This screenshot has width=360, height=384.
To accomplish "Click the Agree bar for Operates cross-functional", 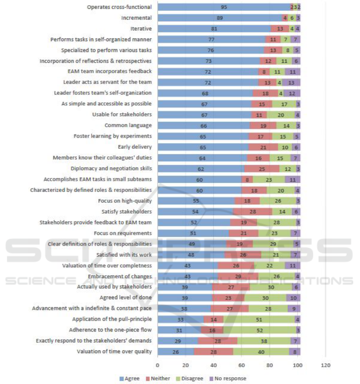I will [224, 7].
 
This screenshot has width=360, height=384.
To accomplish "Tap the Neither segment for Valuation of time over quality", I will [214, 352].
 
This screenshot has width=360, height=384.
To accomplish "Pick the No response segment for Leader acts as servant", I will [291, 82].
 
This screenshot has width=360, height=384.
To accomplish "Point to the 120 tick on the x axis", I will [326, 365].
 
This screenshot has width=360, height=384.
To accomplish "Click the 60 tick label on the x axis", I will [241, 365].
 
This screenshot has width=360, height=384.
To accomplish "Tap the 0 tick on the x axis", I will [157, 365].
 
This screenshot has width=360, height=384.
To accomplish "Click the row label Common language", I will [128, 126].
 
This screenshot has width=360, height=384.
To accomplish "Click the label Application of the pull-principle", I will [112, 319].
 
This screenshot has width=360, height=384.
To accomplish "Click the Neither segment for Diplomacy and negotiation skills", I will [262, 169].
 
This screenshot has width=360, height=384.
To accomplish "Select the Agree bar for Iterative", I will [214, 29].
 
